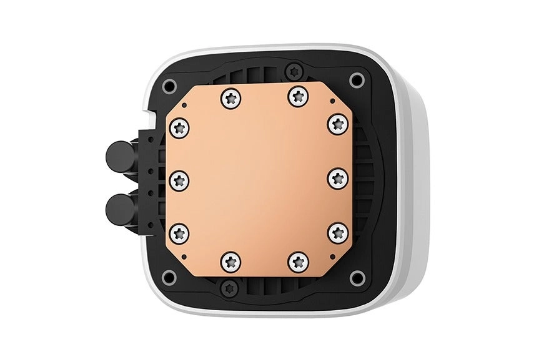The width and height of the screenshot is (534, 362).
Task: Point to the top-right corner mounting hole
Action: (x=356, y=79)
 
